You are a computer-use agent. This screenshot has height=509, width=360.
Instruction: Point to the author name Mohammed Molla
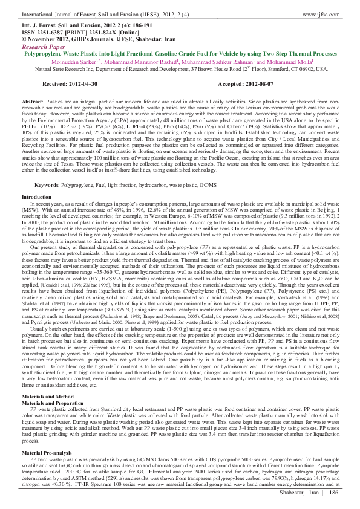click(x=306, y=61)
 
